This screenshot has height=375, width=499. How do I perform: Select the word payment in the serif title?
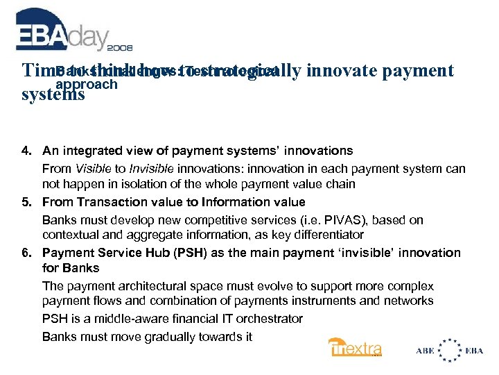pyautogui.click(x=414, y=71)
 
